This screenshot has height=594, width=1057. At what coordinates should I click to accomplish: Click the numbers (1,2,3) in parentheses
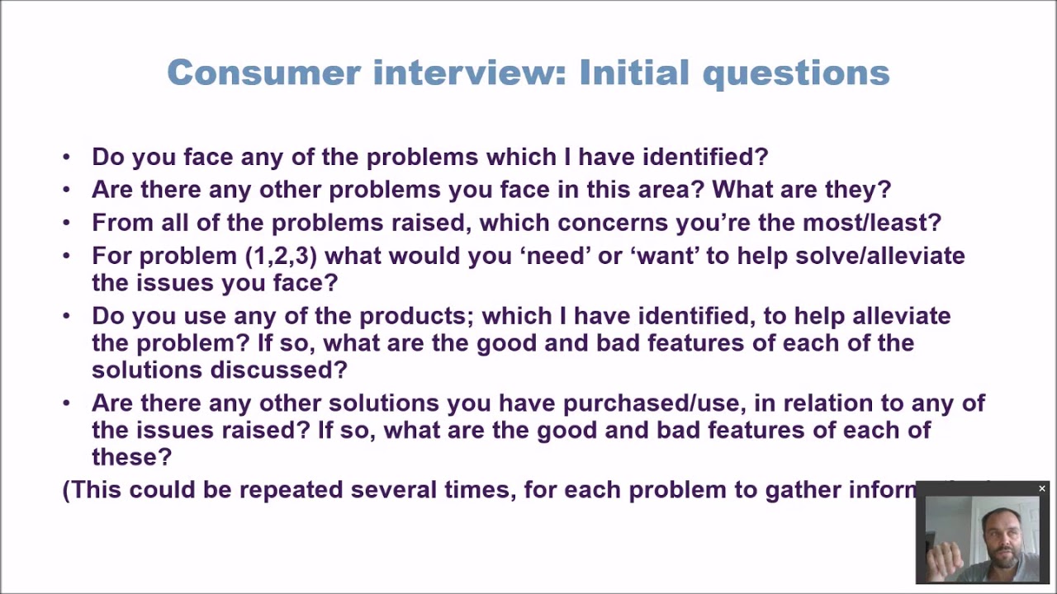282,256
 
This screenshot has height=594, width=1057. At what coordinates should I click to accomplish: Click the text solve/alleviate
880,256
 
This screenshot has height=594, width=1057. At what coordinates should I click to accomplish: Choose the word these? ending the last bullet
131,457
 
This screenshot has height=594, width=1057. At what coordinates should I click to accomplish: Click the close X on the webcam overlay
1042,489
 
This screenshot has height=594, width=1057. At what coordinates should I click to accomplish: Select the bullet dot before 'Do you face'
67,158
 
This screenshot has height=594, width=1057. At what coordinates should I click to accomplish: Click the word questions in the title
796,73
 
